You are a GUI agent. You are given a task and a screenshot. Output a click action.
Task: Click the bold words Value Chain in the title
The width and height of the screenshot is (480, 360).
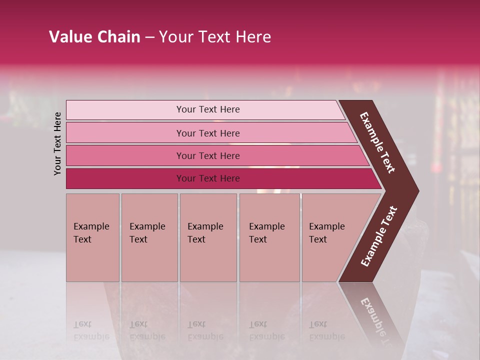[94, 37]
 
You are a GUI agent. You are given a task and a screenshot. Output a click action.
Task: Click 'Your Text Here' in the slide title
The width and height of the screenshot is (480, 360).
[215, 37]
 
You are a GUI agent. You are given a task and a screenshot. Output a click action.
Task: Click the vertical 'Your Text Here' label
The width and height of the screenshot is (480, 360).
[57, 143]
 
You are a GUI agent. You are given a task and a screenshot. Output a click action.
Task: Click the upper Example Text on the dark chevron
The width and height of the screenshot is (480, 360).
[377, 142]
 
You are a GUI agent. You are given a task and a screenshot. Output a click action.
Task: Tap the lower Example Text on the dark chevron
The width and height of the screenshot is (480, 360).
[379, 236]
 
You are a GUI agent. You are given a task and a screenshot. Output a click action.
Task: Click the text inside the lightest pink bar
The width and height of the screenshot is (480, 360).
[208, 109]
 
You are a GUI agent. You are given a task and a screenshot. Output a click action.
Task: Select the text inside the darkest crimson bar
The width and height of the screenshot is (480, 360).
[208, 178]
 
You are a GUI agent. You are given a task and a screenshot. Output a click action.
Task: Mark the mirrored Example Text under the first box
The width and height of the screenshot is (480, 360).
[91, 330]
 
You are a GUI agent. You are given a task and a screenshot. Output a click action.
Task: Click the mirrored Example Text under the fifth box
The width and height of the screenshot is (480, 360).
[327, 330]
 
